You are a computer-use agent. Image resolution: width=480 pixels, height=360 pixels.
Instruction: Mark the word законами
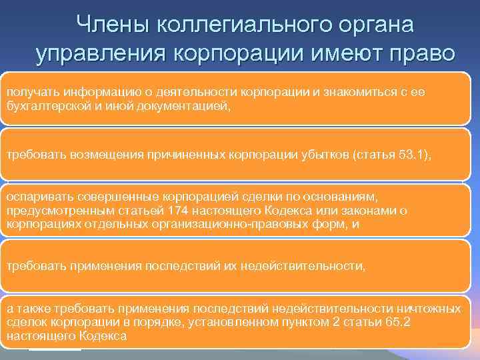[x=375, y=210]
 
